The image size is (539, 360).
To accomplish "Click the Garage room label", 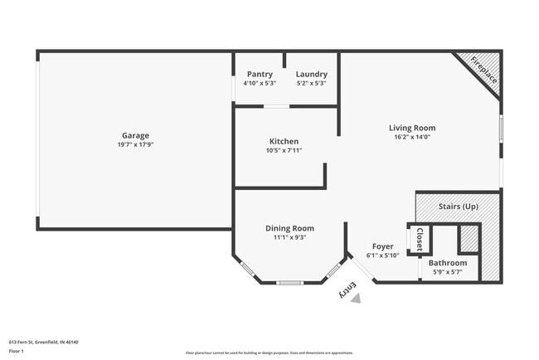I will pos(136,135).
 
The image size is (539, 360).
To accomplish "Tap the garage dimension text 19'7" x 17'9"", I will pos(136,144).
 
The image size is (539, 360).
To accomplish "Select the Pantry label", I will pos(260,74).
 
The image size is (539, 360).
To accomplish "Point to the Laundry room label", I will pos(311,74).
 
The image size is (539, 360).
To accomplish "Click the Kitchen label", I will pos(284,141).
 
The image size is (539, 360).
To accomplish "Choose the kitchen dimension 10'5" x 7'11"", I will pos(284,150).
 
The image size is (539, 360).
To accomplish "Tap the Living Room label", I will pos(412,128).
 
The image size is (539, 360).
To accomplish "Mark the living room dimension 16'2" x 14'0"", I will pos(412,137).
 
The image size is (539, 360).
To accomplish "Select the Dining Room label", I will pos(289,228).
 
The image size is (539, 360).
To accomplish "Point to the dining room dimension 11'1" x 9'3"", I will pos(289,237).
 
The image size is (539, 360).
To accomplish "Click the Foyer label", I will pos(382,246).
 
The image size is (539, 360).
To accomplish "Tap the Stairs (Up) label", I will pos(458,205).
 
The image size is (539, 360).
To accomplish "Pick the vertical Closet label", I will pos(420,239).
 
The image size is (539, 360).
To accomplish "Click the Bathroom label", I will pos(447,263).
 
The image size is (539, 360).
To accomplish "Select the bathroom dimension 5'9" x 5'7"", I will pos(447,272).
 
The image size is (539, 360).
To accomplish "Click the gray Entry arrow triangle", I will pos(356,298).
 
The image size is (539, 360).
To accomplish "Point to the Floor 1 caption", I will pos(17,351).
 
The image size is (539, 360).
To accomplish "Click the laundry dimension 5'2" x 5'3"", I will pos(311,83).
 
